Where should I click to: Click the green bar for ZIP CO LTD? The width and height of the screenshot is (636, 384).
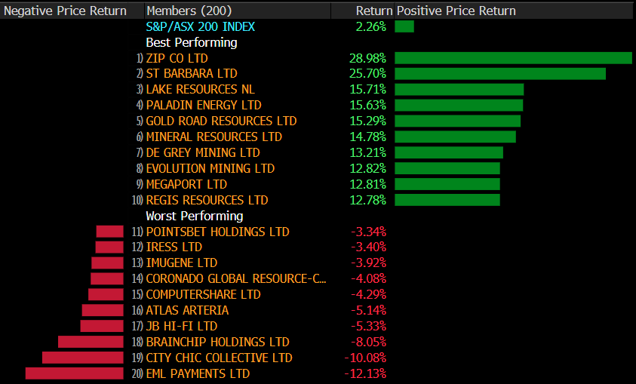click(513, 58)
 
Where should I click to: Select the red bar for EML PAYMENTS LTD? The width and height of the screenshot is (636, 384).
click(74, 373)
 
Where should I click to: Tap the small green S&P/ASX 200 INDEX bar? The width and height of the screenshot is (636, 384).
click(404, 26)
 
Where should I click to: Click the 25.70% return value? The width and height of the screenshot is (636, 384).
click(367, 74)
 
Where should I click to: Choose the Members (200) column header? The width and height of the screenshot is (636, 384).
click(189, 11)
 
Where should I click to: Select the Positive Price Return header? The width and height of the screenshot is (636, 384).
click(456, 11)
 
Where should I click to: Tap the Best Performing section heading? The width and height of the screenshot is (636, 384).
click(191, 42)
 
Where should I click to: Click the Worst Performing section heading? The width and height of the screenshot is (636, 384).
click(194, 216)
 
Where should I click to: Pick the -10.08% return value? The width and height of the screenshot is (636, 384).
click(365, 358)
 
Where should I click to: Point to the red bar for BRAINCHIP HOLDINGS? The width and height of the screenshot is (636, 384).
click(91, 342)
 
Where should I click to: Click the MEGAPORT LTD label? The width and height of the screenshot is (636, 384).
click(186, 184)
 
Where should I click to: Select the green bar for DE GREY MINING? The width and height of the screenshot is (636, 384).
click(449, 152)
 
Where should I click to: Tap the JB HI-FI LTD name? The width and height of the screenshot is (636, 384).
click(181, 326)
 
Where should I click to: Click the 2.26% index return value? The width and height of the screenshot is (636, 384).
click(370, 26)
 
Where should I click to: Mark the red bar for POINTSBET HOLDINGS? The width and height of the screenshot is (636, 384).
click(109, 232)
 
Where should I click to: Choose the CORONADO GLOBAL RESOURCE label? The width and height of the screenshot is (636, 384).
click(236, 278)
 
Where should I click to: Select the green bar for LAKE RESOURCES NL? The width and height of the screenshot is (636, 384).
click(459, 90)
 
